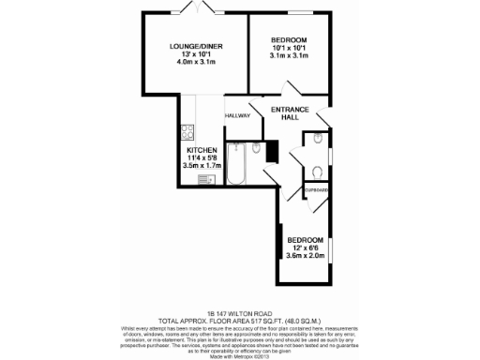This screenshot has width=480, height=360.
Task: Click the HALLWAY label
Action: coord(238,115)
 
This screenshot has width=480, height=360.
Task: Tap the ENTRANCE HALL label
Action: coord(290,112)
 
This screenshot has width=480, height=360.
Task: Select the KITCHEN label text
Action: coord(202,150)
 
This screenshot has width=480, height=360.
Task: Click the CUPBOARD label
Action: coord(316,190)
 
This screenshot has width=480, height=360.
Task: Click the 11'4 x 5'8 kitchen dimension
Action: coord(202,158)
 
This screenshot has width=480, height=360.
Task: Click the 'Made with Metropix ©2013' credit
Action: coord(240,353)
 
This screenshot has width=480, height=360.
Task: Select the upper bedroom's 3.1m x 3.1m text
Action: coord(289,55)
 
